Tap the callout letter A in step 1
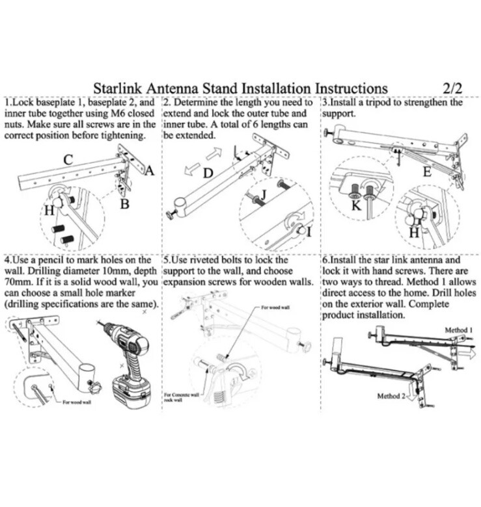pyautogui.click(x=149, y=171)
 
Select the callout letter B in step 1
pyautogui.click(x=124, y=204)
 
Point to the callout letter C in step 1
pyautogui.click(x=68, y=159)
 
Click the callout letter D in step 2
pyautogui.click(x=208, y=174)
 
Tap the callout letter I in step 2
pyautogui.click(x=308, y=231)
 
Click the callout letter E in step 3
pyautogui.click(x=426, y=172)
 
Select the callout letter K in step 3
pyautogui.click(x=355, y=206)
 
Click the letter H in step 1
pyautogui.click(x=49, y=210)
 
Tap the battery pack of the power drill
pyautogui.click(x=132, y=393)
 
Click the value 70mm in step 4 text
pyautogui.click(x=17, y=283)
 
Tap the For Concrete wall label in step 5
pyautogui.click(x=182, y=395)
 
